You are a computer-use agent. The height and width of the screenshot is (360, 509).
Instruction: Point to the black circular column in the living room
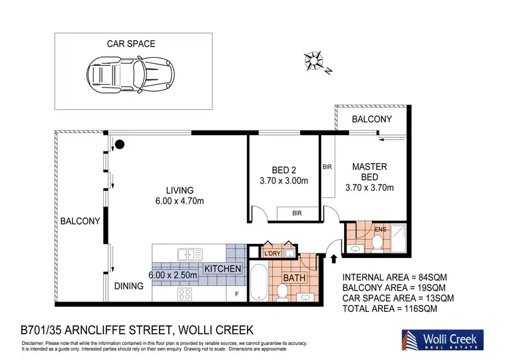120,144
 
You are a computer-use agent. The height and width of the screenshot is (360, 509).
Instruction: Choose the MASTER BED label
369,172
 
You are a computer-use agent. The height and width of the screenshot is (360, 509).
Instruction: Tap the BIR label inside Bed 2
297,213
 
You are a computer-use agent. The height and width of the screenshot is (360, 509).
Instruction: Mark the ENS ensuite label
380,229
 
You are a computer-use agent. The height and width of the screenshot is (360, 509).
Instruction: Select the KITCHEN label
223,269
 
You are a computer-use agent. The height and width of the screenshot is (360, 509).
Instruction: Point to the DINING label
129,286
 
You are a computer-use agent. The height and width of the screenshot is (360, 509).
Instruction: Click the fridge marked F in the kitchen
235,294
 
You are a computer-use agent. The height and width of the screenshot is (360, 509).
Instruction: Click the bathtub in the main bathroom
259,285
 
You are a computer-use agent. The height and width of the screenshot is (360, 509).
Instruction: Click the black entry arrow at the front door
333,258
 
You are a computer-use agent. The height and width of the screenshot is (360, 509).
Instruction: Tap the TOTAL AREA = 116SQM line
389,308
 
